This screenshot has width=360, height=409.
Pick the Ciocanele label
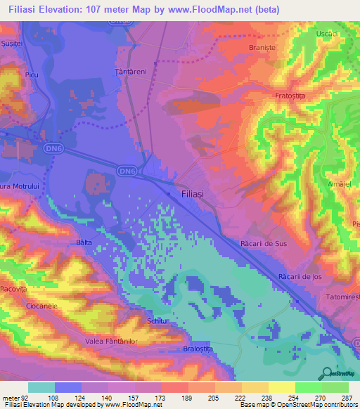coord(41,307)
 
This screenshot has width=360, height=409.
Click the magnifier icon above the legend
coord(326,373)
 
